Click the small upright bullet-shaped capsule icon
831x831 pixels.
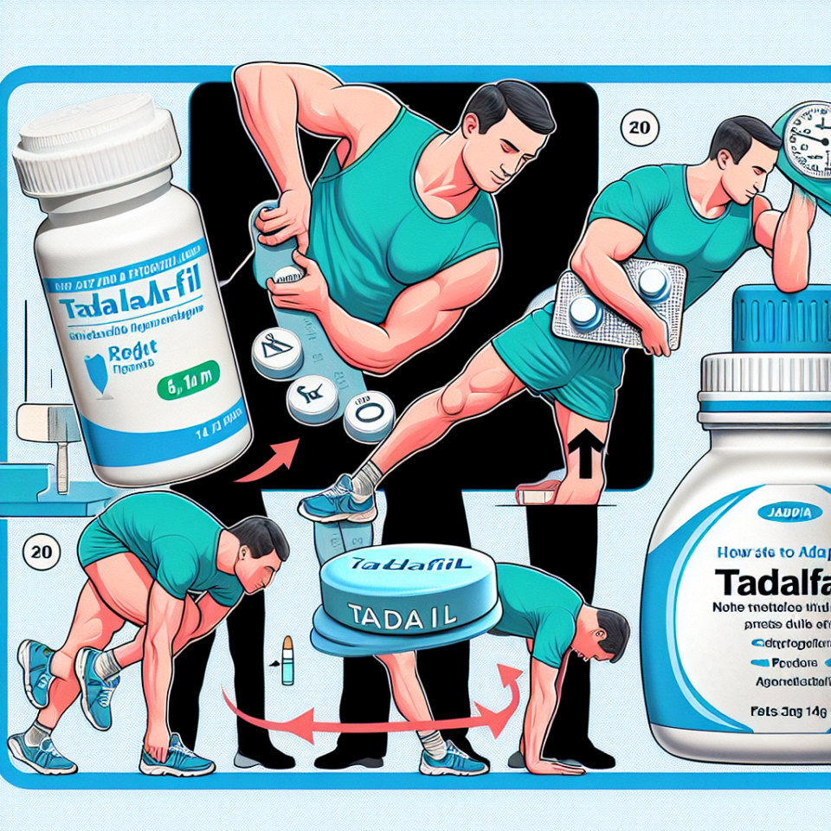pyautogui.click(x=286, y=654)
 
